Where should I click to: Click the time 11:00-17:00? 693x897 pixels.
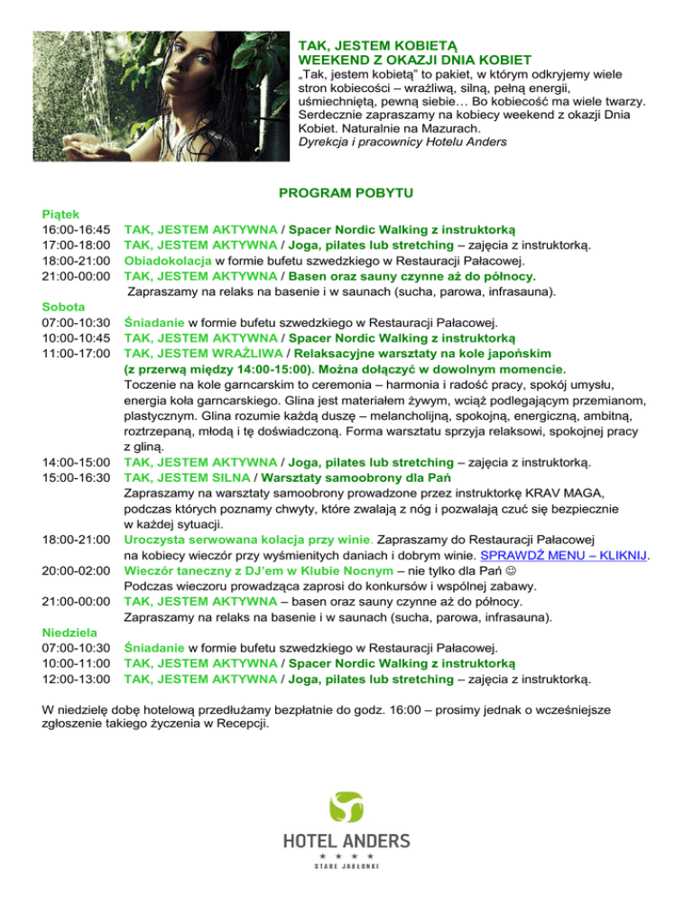[x=77, y=354]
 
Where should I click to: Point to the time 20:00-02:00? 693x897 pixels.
[x=77, y=570]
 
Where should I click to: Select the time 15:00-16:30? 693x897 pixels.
[x=77, y=476]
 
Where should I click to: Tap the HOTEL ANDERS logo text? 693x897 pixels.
[x=346, y=841]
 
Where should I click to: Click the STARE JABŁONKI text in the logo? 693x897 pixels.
[x=346, y=868]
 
